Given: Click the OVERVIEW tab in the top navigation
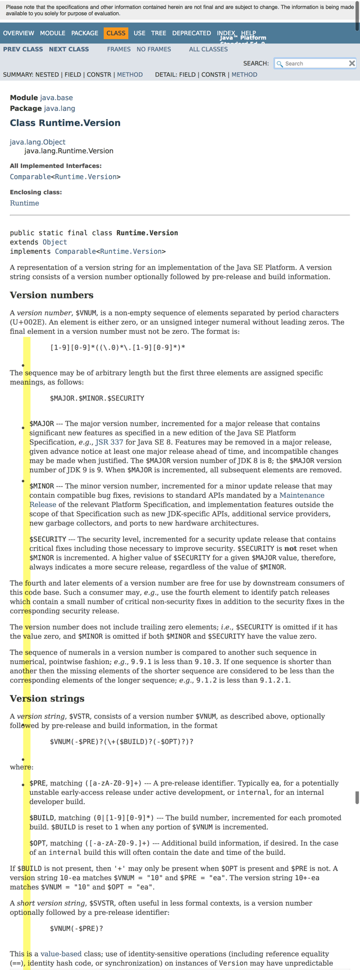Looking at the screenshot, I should coord(19,33).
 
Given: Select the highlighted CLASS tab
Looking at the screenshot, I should coord(116,33).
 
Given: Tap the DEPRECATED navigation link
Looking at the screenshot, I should coord(191,33).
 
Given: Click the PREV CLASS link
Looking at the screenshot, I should coord(23,49).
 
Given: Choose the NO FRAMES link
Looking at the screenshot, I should coord(154,49).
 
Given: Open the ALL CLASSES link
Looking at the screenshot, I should coord(208,49).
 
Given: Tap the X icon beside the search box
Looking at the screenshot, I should coord(352,63).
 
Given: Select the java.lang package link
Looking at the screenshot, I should coord(59,108).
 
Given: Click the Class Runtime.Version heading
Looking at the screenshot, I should coord(65,123).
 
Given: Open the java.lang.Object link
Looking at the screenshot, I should coord(38,142).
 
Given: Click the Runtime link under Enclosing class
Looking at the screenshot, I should coord(24,203).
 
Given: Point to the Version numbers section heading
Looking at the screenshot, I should coord(51,295).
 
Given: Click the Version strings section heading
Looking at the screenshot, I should coord(47,699).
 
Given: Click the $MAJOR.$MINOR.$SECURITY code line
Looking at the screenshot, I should coord(97,398).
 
